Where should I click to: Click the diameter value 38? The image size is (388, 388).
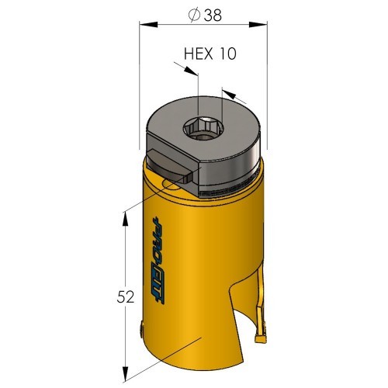coord(213,16)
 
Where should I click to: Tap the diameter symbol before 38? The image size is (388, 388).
coord(194,16)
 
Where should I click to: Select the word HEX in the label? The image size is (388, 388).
coord(199,54)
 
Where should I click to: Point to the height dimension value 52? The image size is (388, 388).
coord(126,297)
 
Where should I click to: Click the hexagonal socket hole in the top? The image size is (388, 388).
coord(204,129)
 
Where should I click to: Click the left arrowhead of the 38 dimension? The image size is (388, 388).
coord(148,25)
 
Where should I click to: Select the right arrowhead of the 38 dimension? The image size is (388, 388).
coord(258,25)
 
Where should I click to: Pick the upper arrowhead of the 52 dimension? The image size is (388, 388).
coord(126,220)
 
